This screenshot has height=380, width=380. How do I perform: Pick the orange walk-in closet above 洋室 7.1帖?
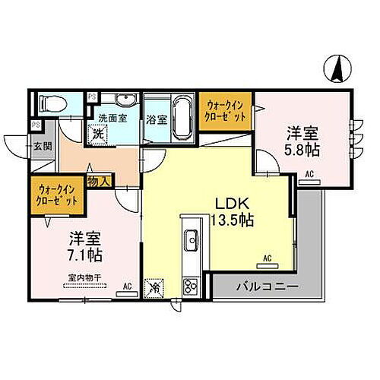click(55, 197)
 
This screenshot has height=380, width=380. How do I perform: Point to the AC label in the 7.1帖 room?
click(128, 287)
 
